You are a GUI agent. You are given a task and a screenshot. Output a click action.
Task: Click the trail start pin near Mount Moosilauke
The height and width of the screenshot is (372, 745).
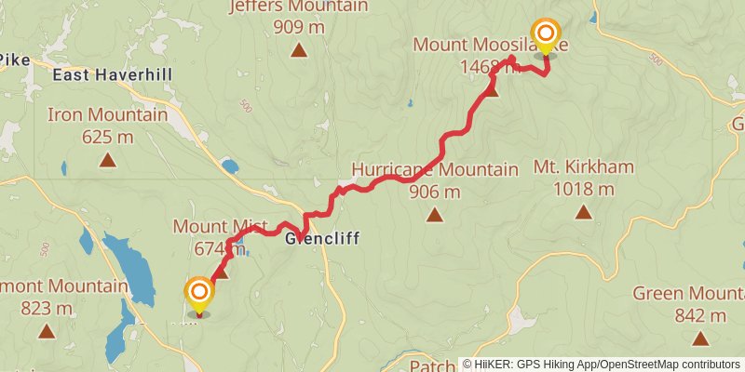click(546, 36)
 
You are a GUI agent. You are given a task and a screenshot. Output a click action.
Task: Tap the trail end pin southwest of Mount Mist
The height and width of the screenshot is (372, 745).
click(199, 296)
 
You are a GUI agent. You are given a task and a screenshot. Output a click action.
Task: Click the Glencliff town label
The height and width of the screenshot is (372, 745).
click(322, 239)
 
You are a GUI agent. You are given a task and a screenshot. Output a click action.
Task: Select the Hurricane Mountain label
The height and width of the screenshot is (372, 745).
click(434, 170)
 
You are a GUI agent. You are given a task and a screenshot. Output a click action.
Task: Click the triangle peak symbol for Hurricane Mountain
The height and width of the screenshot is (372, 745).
click(434, 216)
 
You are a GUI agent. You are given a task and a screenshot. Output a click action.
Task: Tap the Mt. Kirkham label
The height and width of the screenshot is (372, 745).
click(584, 167)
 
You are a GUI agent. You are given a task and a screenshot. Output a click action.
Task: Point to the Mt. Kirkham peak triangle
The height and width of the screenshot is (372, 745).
click(583, 212)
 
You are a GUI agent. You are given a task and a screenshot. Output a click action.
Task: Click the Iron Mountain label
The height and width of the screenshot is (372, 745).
click(108, 116)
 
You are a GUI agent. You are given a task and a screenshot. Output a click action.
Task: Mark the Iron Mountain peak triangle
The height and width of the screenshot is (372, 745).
click(108, 161)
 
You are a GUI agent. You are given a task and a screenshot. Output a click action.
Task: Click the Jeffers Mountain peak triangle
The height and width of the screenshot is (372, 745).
click(298, 49)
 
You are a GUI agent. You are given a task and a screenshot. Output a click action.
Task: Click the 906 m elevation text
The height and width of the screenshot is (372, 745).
click(434, 193)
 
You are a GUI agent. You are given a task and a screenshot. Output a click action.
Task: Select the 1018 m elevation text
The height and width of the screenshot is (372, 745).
click(583, 190)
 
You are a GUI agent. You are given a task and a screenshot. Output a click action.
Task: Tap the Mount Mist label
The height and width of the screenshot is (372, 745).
click(220, 227)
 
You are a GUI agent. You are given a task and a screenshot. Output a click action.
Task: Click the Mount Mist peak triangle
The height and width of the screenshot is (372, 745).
click(221, 272)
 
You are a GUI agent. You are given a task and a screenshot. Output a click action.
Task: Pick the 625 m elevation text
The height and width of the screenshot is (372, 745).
click(108, 138)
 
